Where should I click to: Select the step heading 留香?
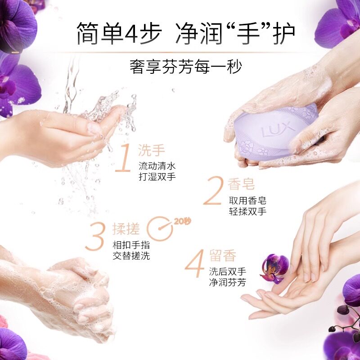click(x=223, y=256)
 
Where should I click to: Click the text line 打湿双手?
click(x=157, y=176)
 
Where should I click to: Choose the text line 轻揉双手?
click(x=247, y=211)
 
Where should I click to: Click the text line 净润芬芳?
click(x=227, y=283)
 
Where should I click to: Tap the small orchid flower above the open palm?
click(x=274, y=266)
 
